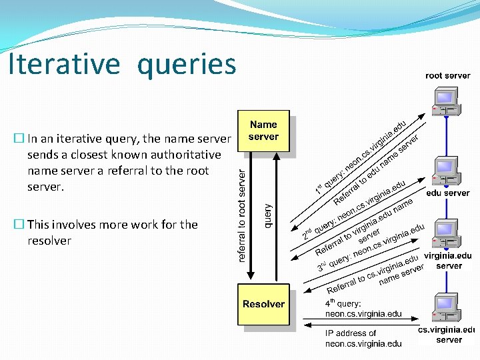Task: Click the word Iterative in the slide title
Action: click(64, 65)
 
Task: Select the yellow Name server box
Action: click(264, 132)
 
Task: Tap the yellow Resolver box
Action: click(264, 305)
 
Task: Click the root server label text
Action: click(448, 76)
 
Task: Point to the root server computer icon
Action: click(444, 103)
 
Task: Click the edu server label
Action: click(448, 193)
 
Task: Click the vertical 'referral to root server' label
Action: click(243, 213)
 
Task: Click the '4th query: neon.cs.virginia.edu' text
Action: click(363, 309)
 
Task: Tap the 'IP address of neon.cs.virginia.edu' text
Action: click(363, 339)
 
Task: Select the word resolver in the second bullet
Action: click(49, 241)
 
